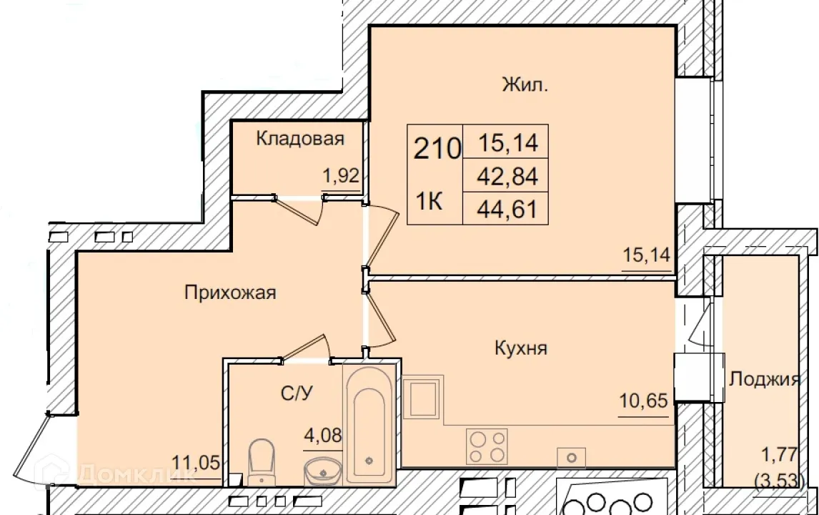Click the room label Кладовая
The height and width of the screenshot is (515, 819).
pyautogui.click(x=300, y=139)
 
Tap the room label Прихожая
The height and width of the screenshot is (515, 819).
pyautogui.click(x=230, y=293)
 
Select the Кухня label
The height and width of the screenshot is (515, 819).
pyautogui.click(x=520, y=348)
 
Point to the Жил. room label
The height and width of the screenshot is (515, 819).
pyautogui.click(x=525, y=87)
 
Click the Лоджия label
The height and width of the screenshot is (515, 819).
pyautogui.click(x=764, y=380)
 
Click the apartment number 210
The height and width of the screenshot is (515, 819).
pyautogui.click(x=436, y=150)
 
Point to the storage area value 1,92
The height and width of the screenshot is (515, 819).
pyautogui.click(x=342, y=176)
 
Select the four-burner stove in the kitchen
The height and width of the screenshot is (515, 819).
pyautogui.click(x=487, y=446)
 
